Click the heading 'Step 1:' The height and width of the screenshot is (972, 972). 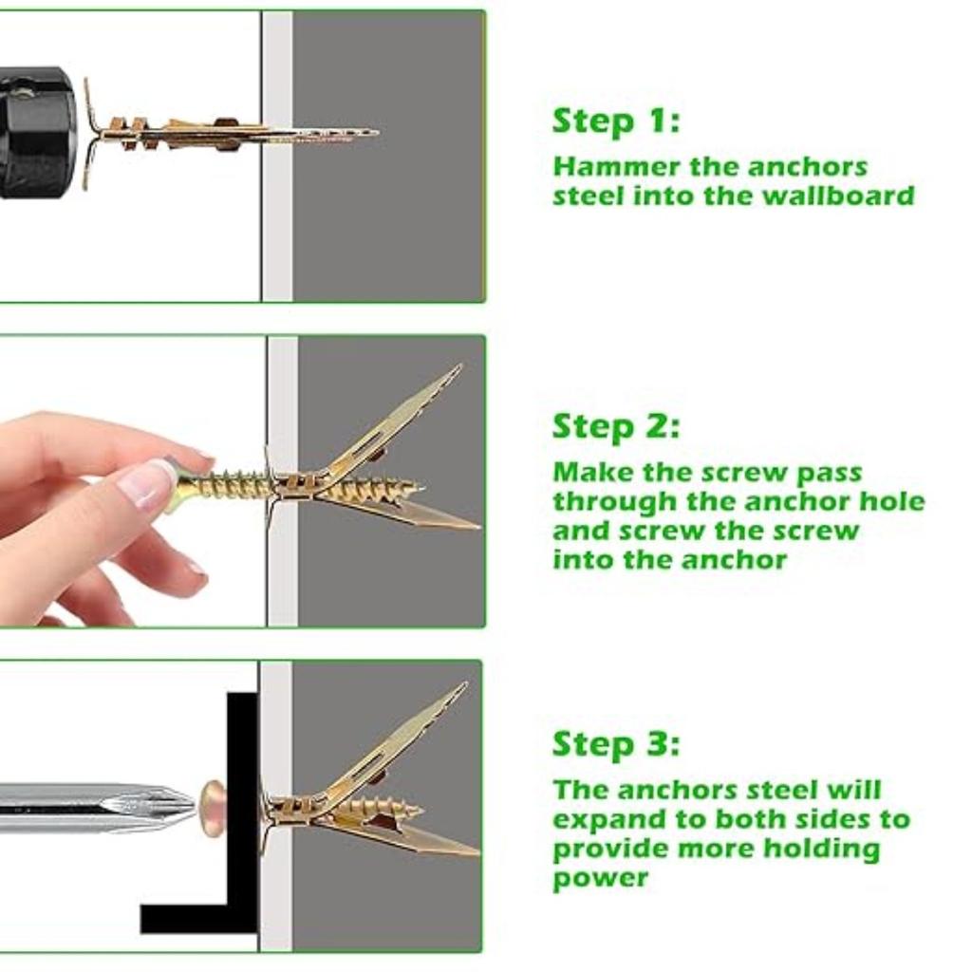616,121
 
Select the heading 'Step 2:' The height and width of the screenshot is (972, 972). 616,427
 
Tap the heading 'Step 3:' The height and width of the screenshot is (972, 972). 616,743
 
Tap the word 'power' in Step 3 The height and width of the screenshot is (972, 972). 600,878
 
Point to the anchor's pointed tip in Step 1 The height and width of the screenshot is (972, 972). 370,133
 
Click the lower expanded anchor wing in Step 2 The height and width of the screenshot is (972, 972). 408,514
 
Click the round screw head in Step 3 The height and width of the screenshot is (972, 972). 213,808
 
